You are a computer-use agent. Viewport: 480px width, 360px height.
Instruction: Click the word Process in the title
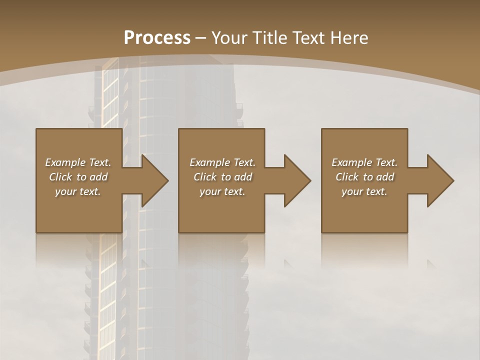[157, 38]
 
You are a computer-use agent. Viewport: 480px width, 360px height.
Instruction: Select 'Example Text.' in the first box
[78, 162]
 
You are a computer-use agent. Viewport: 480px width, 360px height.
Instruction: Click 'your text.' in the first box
[78, 191]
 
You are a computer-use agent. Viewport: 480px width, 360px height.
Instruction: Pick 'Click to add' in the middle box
[222, 177]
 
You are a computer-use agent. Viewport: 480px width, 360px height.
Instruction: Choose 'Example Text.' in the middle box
[222, 162]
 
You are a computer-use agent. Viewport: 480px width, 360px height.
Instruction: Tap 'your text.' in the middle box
[222, 191]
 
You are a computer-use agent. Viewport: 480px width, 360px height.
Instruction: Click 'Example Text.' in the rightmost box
[364, 162]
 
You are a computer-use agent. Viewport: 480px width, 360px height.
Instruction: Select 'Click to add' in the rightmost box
[364, 177]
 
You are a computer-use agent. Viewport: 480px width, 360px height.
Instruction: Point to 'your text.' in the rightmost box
[364, 191]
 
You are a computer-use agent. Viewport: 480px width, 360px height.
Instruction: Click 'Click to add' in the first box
[78, 177]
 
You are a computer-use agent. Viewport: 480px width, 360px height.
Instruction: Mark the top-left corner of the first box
[36, 129]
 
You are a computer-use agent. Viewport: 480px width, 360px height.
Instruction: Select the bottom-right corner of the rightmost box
[407, 232]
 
